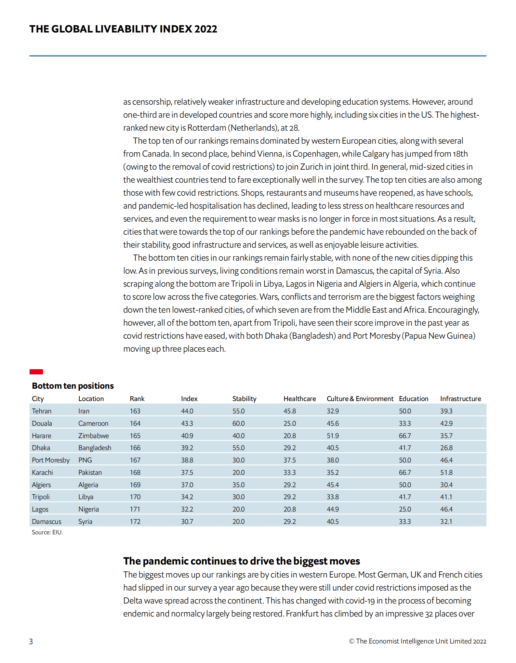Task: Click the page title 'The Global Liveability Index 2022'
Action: [123, 29]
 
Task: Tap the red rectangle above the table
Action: [36, 371]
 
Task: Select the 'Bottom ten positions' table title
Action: [73, 386]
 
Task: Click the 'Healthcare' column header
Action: [299, 399]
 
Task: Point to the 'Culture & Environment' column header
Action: [360, 399]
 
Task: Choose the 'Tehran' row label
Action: [42, 411]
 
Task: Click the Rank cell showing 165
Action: [135, 436]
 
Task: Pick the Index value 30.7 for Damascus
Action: [187, 522]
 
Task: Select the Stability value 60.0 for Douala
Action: [238, 423]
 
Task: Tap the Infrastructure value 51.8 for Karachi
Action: [446, 473]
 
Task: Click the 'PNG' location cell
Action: [85, 460]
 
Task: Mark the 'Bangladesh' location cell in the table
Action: [95, 448]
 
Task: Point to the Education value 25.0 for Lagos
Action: [405, 509]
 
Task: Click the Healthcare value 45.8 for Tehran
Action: [289, 411]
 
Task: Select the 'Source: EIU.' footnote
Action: [47, 532]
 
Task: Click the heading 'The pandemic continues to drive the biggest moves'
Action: [241, 561]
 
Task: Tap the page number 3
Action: [31, 642]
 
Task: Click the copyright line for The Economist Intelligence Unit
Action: [417, 641]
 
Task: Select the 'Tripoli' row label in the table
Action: [41, 497]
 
